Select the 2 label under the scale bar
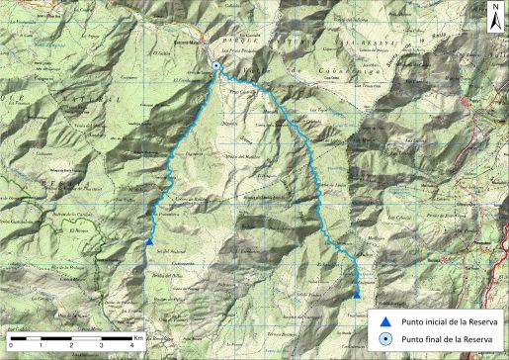coord(71,344)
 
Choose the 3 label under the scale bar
coord(102,344)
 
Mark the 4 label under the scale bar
coord(132,344)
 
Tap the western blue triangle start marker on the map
coord(148,241)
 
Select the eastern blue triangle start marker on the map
coord(356,294)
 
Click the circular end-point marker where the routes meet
coord(216,66)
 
